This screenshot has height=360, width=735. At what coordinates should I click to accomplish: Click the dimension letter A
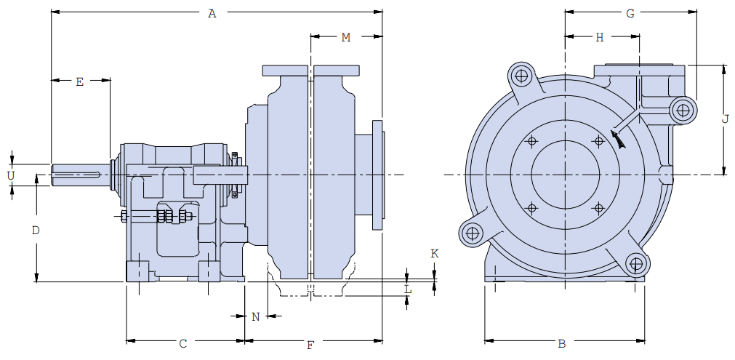[212, 13]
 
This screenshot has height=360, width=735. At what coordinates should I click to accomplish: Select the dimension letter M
[346, 37]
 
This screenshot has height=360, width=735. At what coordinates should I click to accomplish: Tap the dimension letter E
[80, 82]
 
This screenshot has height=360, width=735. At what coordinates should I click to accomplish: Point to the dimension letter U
[11, 175]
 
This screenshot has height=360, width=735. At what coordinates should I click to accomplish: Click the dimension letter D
[36, 231]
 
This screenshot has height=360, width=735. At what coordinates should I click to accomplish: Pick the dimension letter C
[183, 343]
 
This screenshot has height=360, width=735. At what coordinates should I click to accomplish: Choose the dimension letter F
[310, 345]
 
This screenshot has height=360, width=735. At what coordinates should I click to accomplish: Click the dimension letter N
[255, 316]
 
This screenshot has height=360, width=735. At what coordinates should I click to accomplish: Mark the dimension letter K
[435, 254]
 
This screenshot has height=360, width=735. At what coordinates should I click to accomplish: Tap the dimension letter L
[408, 289]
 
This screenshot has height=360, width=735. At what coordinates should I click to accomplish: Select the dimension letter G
[630, 13]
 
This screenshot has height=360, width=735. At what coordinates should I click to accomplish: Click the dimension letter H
[600, 38]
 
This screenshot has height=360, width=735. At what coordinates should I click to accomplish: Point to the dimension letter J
[726, 120]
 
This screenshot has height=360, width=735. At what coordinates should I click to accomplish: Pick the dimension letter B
[561, 343]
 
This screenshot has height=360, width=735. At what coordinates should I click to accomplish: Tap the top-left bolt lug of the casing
[521, 75]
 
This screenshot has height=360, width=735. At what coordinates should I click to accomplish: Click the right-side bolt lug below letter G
[683, 111]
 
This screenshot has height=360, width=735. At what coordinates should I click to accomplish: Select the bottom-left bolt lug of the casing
[473, 233]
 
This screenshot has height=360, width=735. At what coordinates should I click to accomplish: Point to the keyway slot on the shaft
[76, 172]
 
